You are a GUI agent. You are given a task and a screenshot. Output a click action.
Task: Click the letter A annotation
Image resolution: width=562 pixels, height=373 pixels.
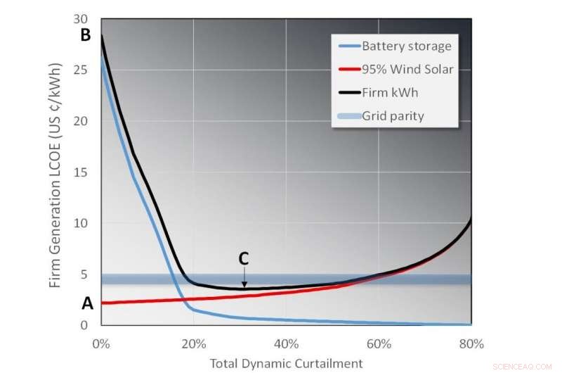click(87, 303)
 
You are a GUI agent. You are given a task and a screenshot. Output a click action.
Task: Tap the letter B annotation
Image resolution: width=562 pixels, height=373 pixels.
click(86, 34)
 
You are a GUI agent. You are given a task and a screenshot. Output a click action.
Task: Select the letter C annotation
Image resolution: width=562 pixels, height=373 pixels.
click(244, 258)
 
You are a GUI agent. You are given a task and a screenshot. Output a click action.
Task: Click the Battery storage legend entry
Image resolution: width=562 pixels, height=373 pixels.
click(406, 46)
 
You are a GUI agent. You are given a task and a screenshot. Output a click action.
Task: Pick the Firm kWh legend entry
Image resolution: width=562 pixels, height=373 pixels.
click(391, 92)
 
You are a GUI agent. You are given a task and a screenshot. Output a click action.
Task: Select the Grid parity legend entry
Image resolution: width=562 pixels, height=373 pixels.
click(393, 115)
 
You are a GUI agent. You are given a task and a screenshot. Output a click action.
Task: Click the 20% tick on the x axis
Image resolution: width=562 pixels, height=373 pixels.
click(193, 344)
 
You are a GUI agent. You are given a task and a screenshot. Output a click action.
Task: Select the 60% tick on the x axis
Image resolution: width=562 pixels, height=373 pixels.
click(379, 344)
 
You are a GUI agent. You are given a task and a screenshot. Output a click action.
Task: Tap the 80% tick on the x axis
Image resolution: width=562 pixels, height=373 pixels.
click(471, 344)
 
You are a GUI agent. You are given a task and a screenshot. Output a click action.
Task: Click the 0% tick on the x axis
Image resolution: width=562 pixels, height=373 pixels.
click(101, 344)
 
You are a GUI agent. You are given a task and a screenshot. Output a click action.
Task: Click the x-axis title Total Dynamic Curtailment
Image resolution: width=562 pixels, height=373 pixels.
click(286, 363)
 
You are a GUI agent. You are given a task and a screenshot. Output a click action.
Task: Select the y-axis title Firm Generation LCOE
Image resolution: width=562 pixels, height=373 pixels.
click(55, 175)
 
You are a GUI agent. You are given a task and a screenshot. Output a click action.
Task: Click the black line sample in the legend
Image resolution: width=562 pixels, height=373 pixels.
click(347, 92)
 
